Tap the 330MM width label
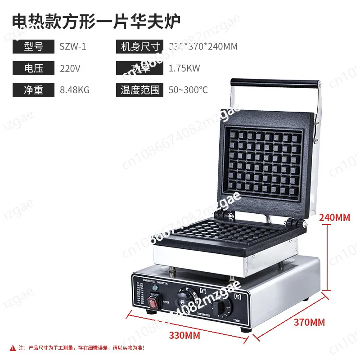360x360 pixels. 184,335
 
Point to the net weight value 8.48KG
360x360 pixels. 75,90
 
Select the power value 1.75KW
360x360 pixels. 184,68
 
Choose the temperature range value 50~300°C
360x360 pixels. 188,90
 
